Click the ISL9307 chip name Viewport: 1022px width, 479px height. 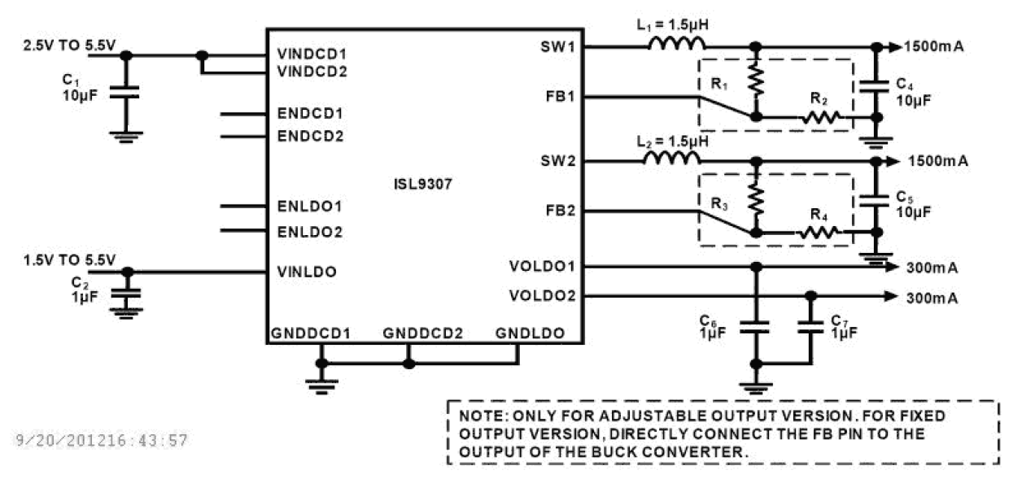(422, 184)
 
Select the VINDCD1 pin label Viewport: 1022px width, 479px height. (312, 54)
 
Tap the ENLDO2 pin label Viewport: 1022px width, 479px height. (308, 232)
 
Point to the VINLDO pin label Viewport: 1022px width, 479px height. (306, 272)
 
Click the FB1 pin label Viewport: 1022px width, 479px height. (560, 97)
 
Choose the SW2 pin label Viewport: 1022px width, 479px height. (557, 161)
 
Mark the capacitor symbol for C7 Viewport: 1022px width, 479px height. (810, 328)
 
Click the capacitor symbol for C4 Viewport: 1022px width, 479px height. (876, 85)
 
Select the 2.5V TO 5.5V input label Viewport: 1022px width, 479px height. (69, 46)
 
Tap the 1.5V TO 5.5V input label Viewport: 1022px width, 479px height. (70, 259)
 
